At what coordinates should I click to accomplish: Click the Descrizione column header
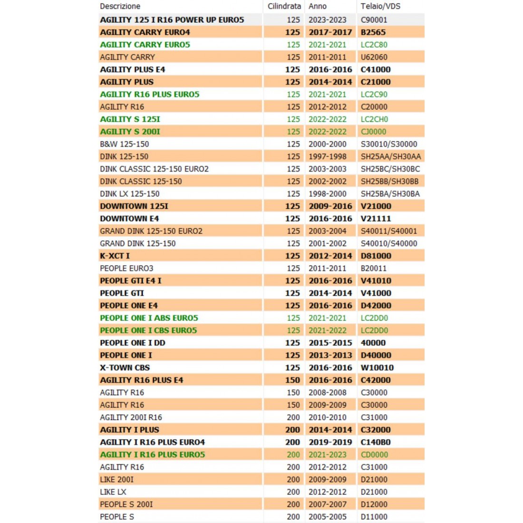pos(120,6)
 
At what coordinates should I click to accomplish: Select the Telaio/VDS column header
pos(380,6)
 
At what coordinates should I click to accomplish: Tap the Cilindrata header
pos(284,6)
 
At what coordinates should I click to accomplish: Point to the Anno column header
pos(318,6)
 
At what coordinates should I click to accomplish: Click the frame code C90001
pos(374,20)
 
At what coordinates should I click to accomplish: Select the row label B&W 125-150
pos(124,144)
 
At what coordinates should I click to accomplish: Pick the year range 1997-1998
pos(328,156)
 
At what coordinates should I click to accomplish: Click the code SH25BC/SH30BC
pos(390,169)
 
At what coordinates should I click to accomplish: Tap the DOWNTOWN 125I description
pos(134,206)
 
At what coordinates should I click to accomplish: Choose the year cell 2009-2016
pos(330,206)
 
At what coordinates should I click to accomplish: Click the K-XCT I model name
pos(115,256)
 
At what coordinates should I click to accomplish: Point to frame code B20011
pos(374,268)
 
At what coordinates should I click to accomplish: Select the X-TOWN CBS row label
pos(125,368)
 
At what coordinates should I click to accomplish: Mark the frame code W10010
pos(377,368)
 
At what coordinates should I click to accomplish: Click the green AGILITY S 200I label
pos(130,132)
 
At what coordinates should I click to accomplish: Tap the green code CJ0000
pos(373,132)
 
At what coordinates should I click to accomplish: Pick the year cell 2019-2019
pos(330,442)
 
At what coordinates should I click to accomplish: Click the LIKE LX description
pos(113,492)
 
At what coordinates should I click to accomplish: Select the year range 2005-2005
pos(328,516)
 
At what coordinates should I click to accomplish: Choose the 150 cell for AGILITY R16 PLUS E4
pos(292,380)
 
